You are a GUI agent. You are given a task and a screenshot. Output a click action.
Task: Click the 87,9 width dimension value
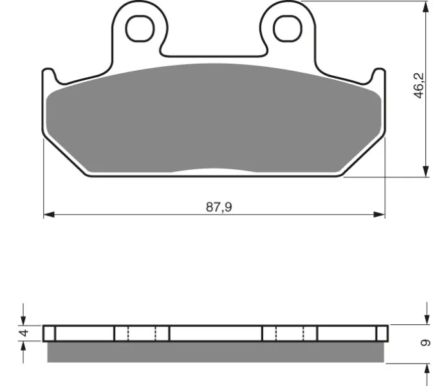pos(219,207)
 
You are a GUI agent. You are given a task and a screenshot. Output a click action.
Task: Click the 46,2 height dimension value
pos(420,86)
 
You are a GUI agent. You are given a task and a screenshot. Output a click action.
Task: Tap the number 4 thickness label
pos(24,333)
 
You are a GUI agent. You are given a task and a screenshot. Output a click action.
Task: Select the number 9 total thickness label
pos(425,342)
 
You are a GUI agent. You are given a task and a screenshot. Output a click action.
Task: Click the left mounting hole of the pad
pos(140,28)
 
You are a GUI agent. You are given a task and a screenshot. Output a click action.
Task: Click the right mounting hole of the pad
pos(288,28)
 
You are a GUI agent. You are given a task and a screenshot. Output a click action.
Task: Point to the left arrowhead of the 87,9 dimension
pos(49,214)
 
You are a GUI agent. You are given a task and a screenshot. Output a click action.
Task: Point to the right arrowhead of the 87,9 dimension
pos(379,214)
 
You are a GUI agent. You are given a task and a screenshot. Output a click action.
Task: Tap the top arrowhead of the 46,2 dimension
pos(425,7)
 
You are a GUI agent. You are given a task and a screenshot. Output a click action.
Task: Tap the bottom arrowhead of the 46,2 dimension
pos(425,171)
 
